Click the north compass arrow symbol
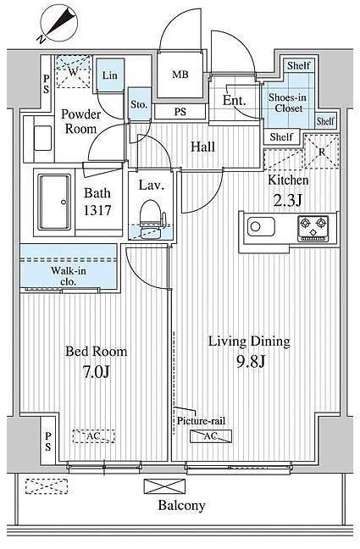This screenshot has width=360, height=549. tap(58, 25)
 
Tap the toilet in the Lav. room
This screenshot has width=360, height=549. tap(151, 217)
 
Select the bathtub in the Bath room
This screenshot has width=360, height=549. tap(54, 202)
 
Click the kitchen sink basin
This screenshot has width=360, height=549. tap(261, 226)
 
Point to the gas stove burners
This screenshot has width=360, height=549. tap(313, 228)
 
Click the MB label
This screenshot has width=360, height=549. tap(180, 75)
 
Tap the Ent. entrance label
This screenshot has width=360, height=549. tap(235, 101)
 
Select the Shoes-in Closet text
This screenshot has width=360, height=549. tap(287, 103)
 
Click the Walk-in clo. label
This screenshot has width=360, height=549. tap(69, 275)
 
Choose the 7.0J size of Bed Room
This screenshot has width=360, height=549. tap(97, 371)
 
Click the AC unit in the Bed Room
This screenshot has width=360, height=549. tap(94, 436)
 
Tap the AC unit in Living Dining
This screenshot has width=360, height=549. tap(211, 436)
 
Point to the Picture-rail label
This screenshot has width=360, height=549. tap(201, 420)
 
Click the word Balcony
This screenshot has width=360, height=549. tap(181, 505)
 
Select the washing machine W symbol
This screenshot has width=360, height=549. tap(73, 71)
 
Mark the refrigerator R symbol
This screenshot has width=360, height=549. tap(322, 152)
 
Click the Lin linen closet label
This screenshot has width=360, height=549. tap(109, 75)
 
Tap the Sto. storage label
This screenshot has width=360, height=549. tap(139, 104)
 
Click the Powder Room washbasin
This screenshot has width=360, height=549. tap(42, 138)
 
